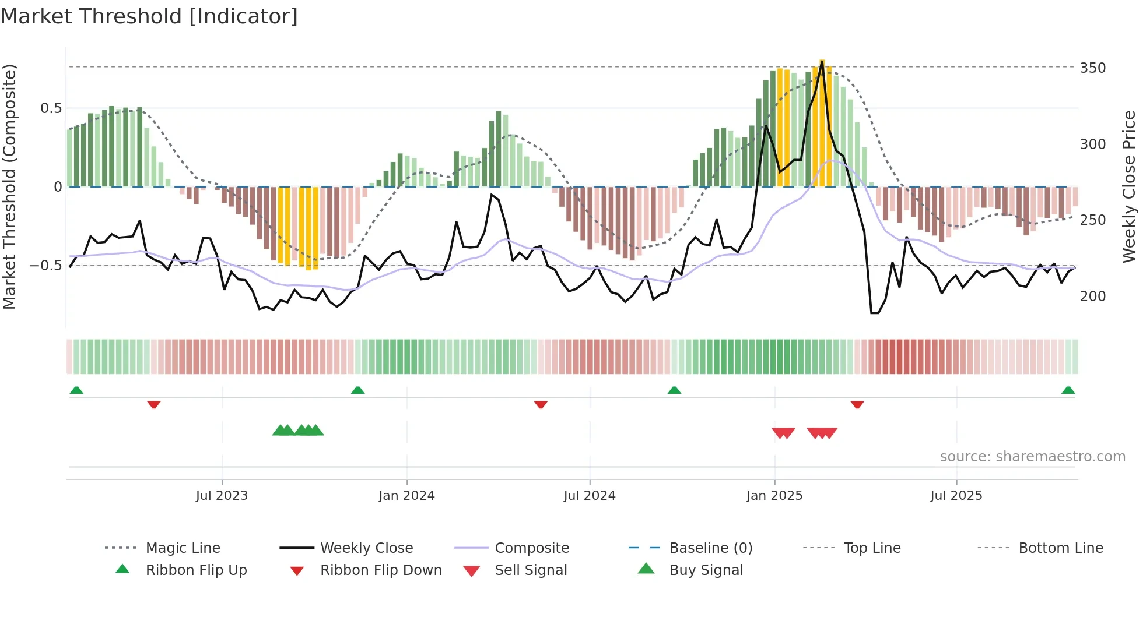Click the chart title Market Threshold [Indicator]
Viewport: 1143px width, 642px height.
tap(149, 16)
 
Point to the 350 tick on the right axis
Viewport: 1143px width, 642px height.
tap(1092, 68)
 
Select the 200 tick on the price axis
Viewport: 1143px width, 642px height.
tap(1092, 297)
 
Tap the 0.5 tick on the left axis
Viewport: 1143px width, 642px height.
tap(51, 108)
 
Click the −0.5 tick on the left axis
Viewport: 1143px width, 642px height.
tap(46, 266)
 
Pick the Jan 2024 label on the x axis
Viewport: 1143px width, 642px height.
tap(406, 496)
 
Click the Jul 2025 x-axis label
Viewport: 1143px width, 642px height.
tap(956, 496)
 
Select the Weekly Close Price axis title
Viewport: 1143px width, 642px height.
tap(1129, 186)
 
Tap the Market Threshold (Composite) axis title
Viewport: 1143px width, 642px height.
tap(9, 186)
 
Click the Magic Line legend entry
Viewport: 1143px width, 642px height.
tap(183, 548)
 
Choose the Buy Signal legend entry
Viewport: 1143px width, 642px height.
tap(706, 570)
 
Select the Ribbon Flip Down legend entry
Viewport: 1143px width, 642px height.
tap(381, 570)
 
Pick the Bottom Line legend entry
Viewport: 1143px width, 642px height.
tap(1060, 548)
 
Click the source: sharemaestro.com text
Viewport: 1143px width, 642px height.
tap(1032, 457)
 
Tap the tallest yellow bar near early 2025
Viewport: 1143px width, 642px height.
tap(822, 122)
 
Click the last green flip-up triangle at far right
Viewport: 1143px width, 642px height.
tap(1068, 390)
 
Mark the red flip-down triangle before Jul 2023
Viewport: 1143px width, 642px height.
tap(154, 404)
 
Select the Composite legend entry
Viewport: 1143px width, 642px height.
tap(531, 548)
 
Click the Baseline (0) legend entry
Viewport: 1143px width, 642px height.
tap(710, 548)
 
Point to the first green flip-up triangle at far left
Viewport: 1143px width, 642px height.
tap(76, 390)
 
